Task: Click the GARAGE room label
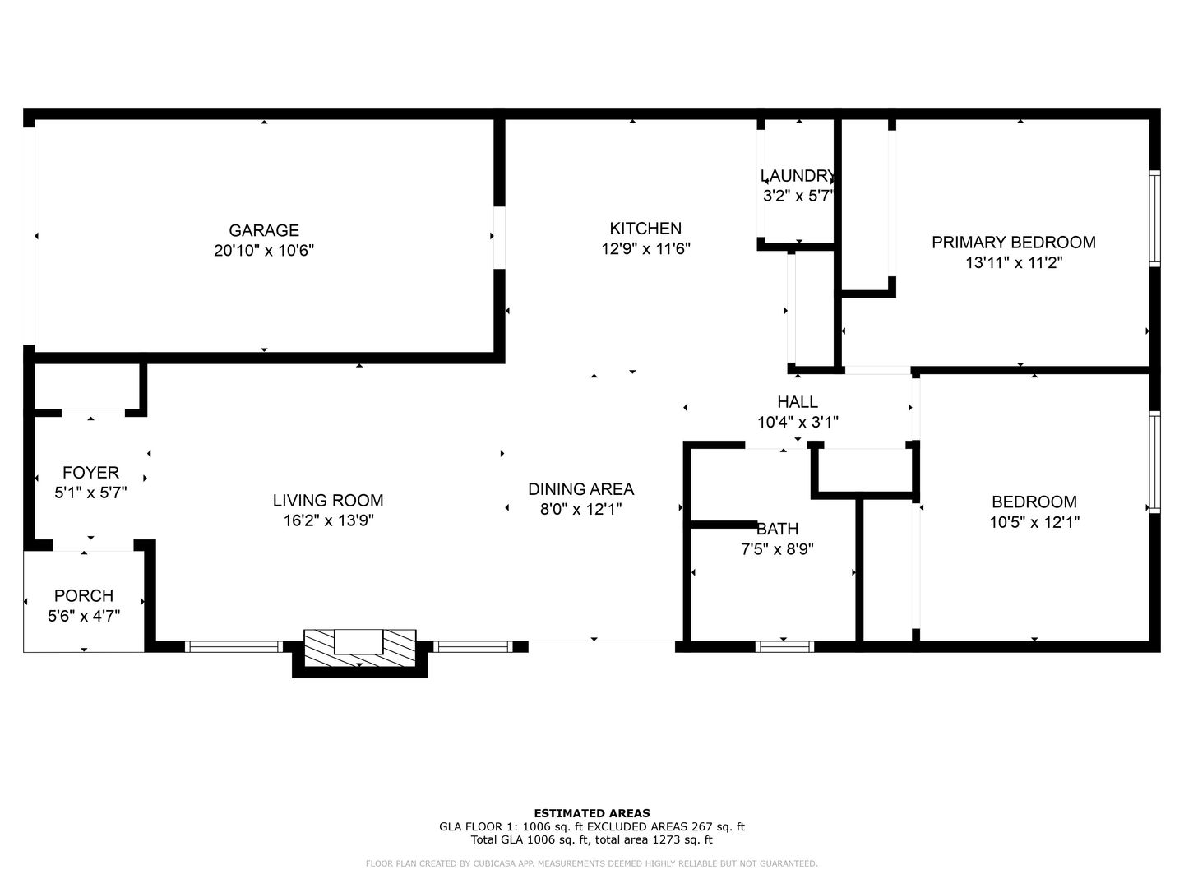(x=264, y=230)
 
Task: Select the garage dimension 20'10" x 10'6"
(x=264, y=251)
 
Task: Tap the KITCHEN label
(x=645, y=229)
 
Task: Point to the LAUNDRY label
(x=798, y=176)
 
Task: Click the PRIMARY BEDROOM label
(x=1013, y=243)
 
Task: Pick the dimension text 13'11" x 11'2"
(x=1013, y=263)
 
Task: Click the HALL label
(x=798, y=402)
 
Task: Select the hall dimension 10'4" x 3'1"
(x=798, y=423)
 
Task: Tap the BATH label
(x=777, y=529)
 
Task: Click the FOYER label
(x=90, y=473)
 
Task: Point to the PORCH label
(x=84, y=596)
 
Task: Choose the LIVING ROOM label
(x=328, y=500)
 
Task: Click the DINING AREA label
(x=580, y=489)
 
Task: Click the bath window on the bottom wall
(x=784, y=646)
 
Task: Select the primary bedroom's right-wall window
(x=1154, y=218)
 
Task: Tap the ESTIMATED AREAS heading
(x=592, y=813)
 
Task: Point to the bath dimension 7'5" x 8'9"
(x=777, y=549)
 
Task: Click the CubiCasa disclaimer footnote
(x=592, y=863)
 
